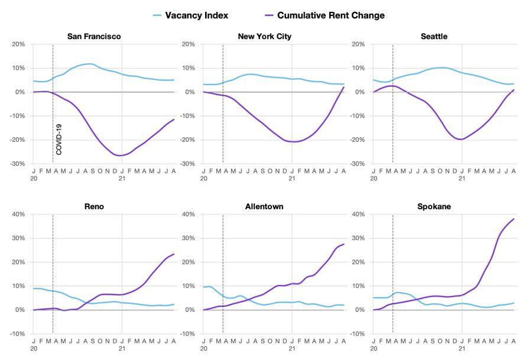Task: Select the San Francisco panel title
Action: (94, 37)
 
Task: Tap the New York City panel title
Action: (264, 37)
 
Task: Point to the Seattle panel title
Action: (434, 37)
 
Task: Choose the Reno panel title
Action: (94, 206)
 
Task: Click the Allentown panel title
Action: (264, 206)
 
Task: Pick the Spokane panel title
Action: (434, 206)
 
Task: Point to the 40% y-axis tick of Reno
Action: (18, 214)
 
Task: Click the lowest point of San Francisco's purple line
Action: (120, 155)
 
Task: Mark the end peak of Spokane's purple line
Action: (514, 219)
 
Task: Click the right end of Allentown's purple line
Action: (344, 244)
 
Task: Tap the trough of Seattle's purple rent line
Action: (460, 140)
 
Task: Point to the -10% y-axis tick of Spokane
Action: (356, 334)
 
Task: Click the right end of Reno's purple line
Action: (174, 254)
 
